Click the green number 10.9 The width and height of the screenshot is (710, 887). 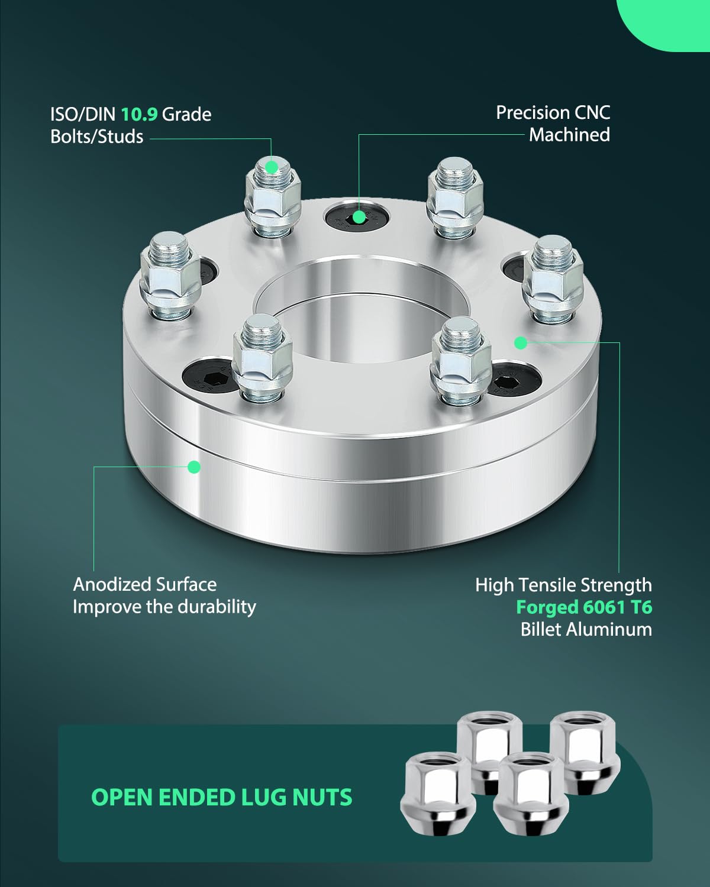coord(140,114)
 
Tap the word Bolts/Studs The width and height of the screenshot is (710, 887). coord(97,137)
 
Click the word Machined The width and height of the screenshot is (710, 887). coord(569,135)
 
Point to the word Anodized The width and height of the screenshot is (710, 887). coord(111,584)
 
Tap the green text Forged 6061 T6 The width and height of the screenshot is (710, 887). coord(584,607)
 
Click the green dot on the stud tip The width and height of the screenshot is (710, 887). coord(272,167)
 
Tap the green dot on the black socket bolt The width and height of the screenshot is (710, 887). coord(359,216)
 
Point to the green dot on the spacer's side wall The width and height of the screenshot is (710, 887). coord(194,467)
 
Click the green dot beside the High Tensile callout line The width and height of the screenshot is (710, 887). coord(521,342)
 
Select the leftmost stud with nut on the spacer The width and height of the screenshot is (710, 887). coord(170,275)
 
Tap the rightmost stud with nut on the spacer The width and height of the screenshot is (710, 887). coord(553,279)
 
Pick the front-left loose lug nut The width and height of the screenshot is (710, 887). coord(438,792)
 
